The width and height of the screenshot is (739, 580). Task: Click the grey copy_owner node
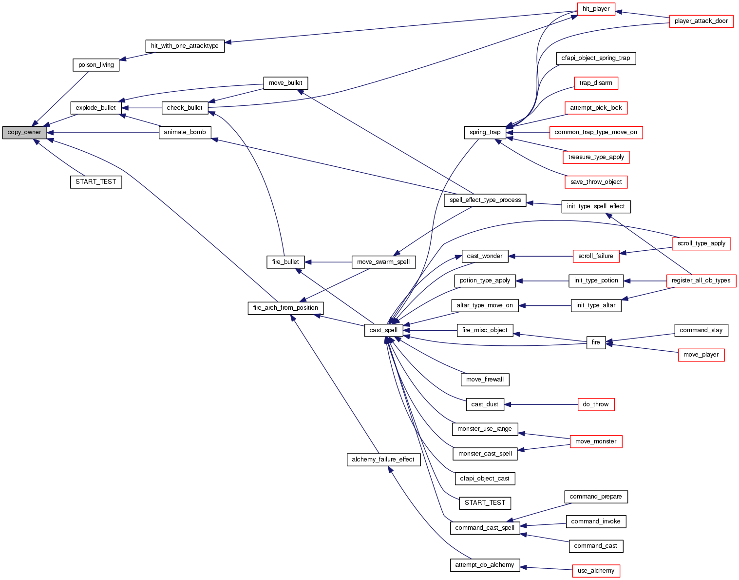(24, 132)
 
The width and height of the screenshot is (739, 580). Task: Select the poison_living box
(96, 65)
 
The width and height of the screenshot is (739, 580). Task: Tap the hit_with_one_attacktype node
(185, 46)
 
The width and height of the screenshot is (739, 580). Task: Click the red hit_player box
(596, 9)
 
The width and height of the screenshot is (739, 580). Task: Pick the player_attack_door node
(701, 21)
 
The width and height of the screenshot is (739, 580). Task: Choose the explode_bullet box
(95, 108)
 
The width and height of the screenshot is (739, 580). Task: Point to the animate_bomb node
(185, 132)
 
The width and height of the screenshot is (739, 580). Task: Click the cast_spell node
(383, 330)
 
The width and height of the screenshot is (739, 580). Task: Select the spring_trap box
(485, 132)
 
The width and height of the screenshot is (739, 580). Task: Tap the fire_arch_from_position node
(285, 308)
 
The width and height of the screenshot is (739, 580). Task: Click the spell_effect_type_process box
(485, 200)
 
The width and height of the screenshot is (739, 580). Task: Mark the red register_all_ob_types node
(701, 280)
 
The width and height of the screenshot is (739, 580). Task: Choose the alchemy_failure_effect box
(383, 460)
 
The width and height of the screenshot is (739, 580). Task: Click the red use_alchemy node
(596, 571)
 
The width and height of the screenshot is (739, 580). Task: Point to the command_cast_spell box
(485, 528)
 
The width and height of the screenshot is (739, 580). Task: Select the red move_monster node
(596, 441)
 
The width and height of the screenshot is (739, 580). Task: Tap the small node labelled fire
(596, 342)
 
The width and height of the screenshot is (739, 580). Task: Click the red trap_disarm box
(596, 83)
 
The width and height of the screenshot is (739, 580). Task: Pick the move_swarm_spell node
(383, 262)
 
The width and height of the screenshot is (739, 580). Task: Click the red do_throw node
(596, 404)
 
